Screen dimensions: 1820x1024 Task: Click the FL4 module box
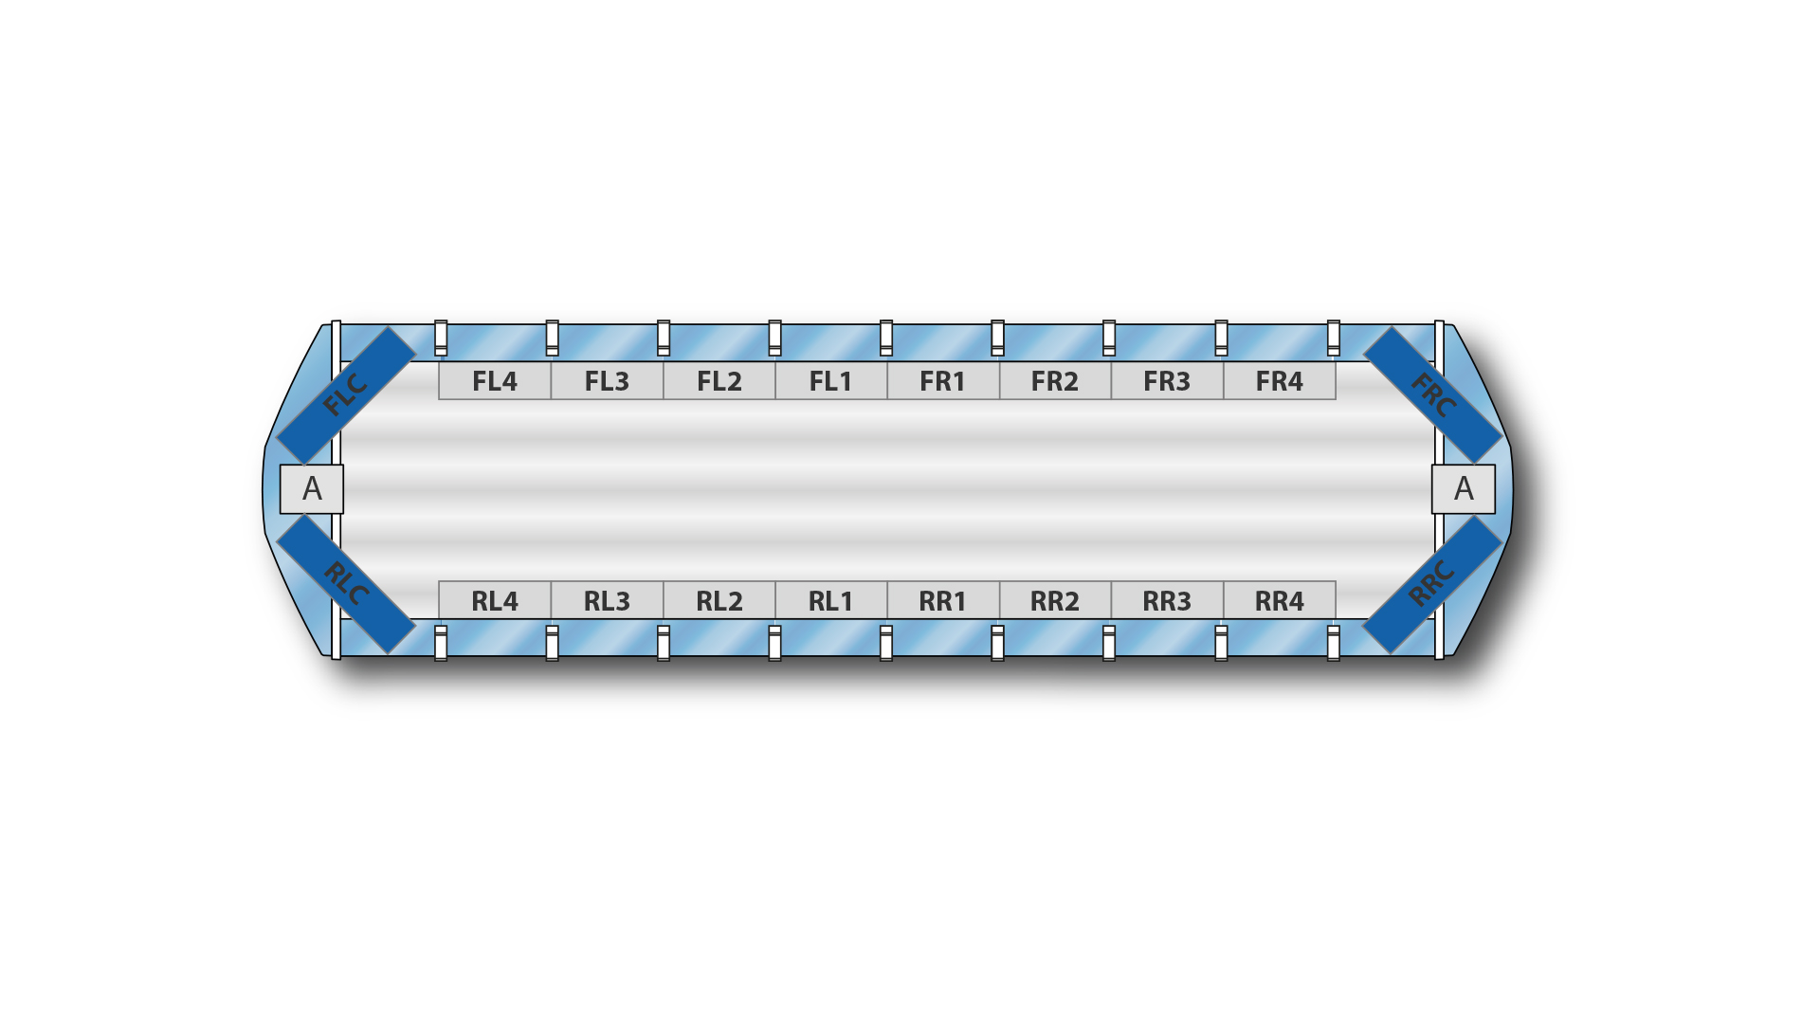tap(495, 381)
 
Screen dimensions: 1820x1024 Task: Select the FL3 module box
tap(607, 381)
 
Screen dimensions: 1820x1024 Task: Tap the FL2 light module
tap(719, 381)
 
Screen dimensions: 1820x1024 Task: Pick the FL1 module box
tap(831, 381)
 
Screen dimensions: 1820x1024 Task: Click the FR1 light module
tap(943, 381)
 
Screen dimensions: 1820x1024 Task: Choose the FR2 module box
tap(1055, 381)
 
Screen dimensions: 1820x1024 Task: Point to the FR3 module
tap(1167, 381)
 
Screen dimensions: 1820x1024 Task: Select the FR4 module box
tap(1280, 381)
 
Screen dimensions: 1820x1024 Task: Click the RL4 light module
tap(495, 600)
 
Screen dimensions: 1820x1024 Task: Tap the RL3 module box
tap(607, 600)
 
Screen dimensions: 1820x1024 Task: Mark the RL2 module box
tap(719, 600)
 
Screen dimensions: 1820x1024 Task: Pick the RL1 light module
tap(831, 600)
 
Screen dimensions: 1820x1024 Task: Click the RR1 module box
tap(943, 600)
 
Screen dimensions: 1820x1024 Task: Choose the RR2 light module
tap(1055, 600)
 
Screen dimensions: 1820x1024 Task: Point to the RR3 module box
tap(1167, 600)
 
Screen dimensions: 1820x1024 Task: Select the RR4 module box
tap(1280, 600)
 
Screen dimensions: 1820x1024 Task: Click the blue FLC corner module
tap(346, 395)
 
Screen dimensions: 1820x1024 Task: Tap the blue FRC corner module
tap(1432, 395)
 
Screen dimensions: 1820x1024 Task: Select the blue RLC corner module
tap(346, 584)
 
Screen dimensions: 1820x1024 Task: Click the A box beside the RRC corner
tap(1464, 489)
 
